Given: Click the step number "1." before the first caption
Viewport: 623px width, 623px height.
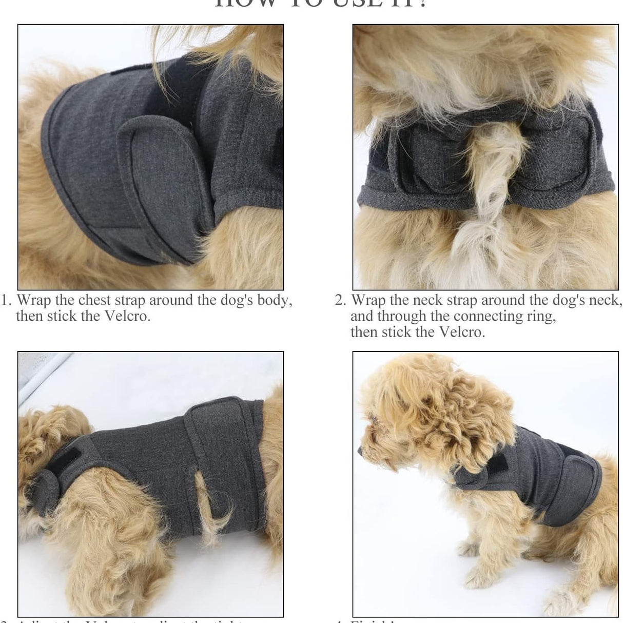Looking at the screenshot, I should (x=7, y=300).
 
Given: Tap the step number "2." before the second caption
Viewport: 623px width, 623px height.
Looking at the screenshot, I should (x=341, y=300).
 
